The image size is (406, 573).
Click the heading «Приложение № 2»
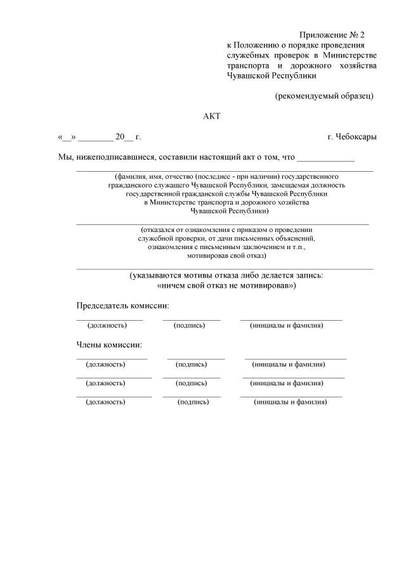(332, 35)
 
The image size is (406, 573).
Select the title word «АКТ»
(211, 116)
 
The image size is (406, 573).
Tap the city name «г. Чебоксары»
(352, 136)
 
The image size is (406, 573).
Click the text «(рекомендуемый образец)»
(324, 96)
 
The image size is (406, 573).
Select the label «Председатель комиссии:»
(123, 306)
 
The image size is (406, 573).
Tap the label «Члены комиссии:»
(109, 345)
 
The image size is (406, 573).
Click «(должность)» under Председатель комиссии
(107, 325)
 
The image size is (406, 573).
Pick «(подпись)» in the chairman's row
(189, 325)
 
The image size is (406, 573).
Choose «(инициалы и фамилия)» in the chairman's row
(287, 325)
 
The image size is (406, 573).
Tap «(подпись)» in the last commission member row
(193, 402)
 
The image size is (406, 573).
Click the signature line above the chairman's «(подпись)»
(191, 319)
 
